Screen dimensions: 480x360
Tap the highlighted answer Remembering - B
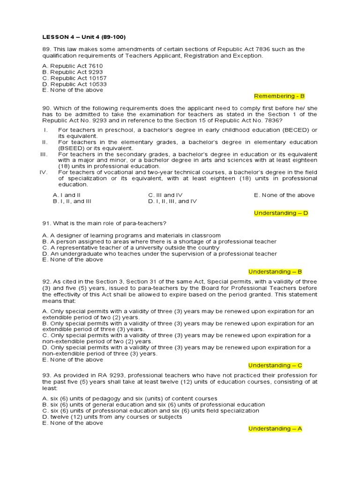[279, 96]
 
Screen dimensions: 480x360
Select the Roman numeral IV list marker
[45, 172]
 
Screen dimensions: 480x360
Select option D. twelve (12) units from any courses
[112, 417]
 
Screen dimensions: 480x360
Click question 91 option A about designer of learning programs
[131, 235]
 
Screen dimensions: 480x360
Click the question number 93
[46, 375]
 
